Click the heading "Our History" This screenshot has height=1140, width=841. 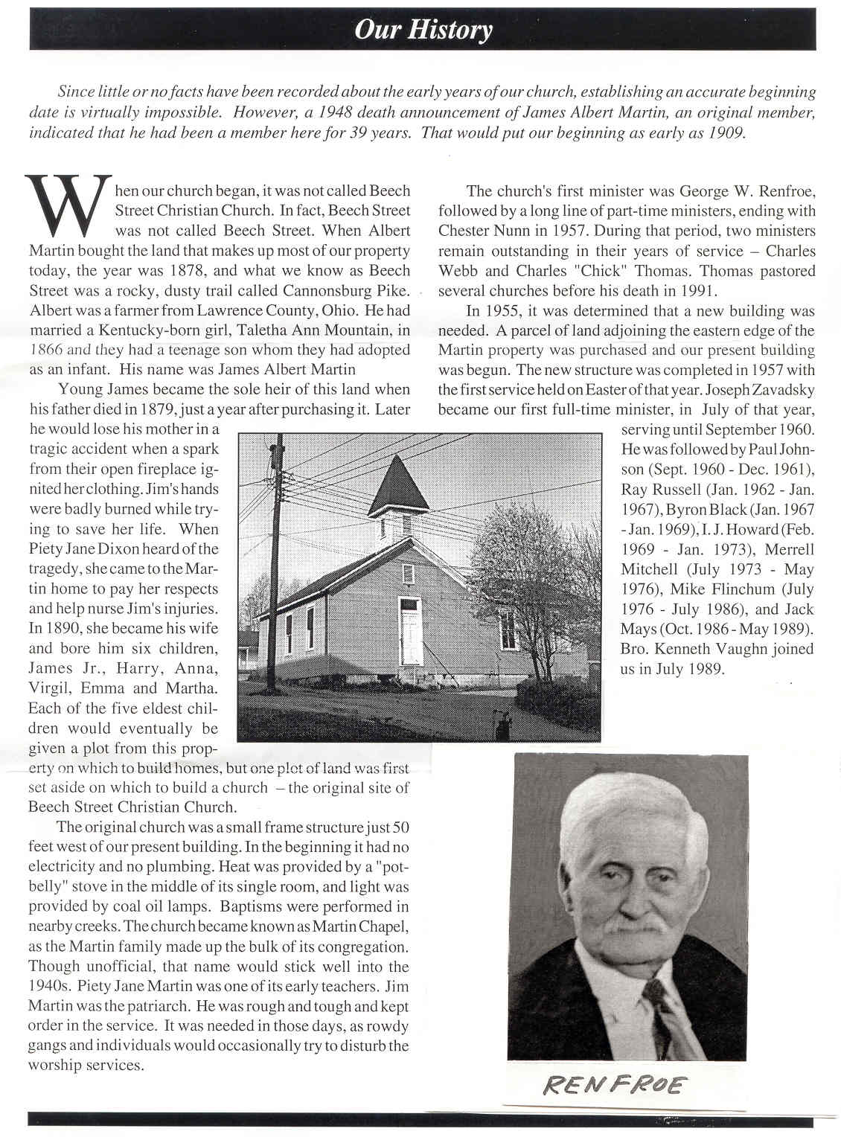click(423, 30)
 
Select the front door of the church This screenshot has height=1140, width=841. click(409, 633)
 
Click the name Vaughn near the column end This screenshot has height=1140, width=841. click(745, 649)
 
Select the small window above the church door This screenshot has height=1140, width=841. click(408, 573)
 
